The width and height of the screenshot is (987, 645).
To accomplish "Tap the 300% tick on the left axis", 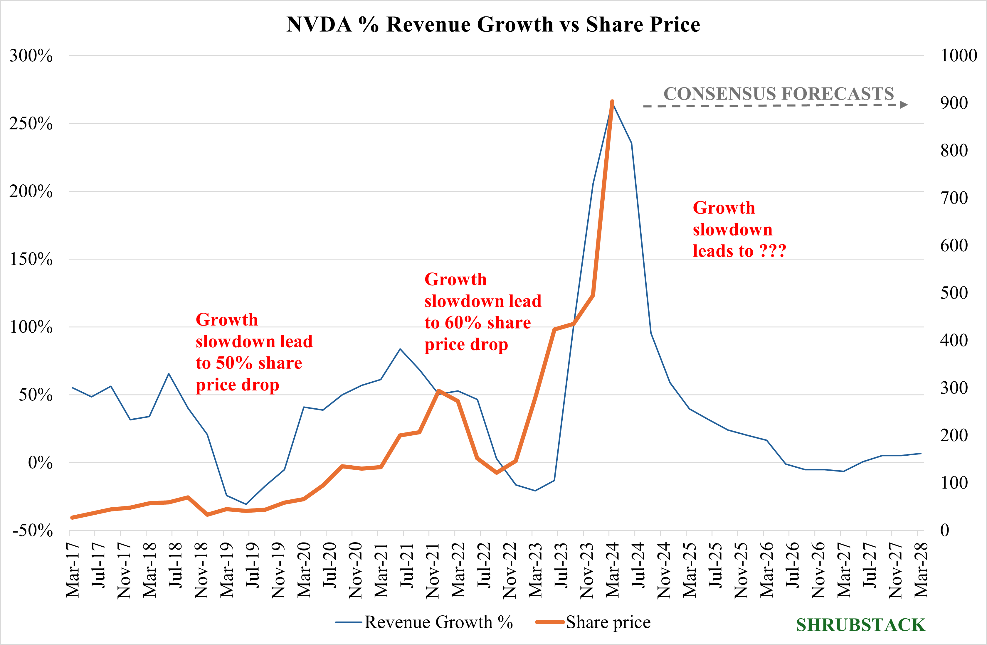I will click(31, 55).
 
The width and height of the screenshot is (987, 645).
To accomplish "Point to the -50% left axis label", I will click(32, 530).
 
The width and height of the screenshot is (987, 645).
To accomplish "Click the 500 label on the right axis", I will click(954, 293).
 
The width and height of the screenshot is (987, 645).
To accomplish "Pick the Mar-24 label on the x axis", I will click(613, 570).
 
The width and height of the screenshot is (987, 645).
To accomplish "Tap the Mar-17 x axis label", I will click(73, 570).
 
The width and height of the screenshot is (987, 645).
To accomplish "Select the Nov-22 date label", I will click(510, 570).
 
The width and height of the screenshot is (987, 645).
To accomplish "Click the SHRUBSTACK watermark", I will click(860, 625).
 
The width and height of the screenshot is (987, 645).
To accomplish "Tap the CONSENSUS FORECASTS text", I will click(778, 94).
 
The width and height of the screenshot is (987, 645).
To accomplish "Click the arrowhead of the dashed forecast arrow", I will click(904, 105).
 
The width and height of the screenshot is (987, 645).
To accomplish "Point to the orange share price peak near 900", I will click(612, 102).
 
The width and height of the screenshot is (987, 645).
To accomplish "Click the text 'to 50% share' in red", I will click(249, 363).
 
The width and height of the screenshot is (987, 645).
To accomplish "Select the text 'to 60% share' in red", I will click(477, 322).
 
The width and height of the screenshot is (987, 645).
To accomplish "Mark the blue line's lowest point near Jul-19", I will click(246, 504).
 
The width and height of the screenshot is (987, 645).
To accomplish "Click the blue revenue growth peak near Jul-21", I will click(400, 349).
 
